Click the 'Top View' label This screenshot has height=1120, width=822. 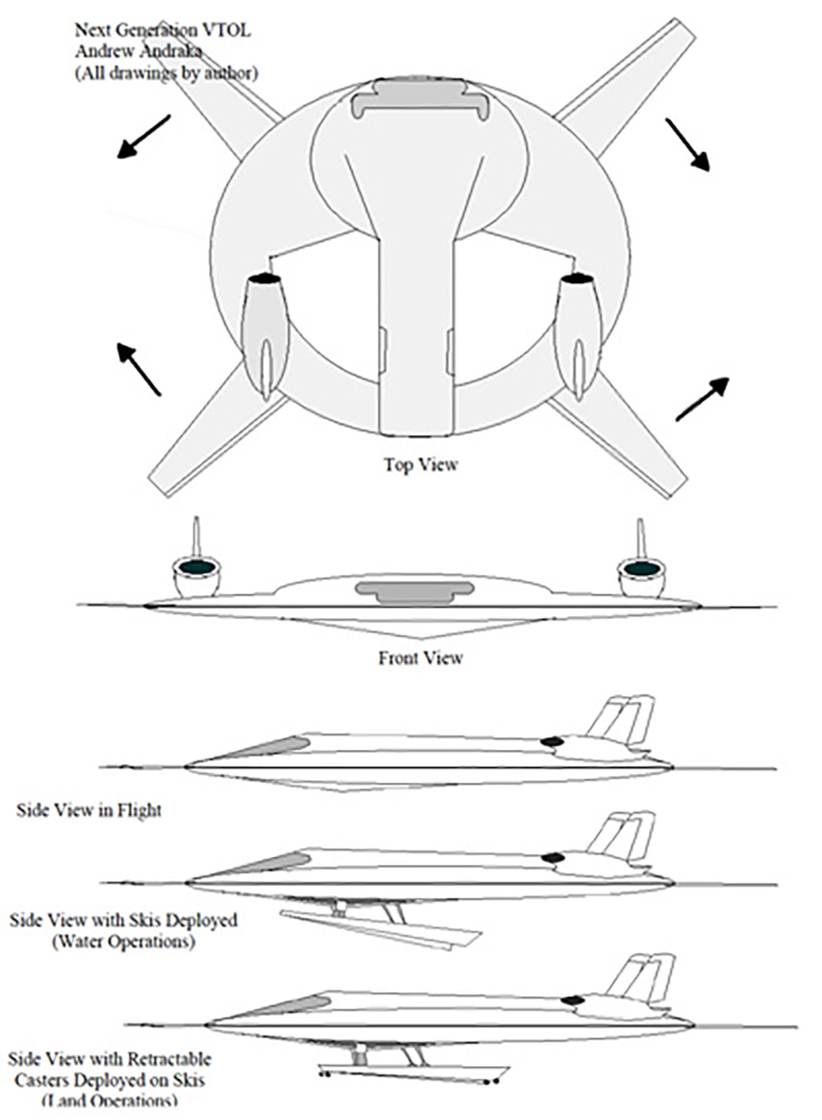[x=420, y=464]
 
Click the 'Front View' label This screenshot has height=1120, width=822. [x=420, y=658]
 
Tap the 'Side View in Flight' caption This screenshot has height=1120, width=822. [x=89, y=810]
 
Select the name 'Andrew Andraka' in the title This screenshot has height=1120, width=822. [x=138, y=51]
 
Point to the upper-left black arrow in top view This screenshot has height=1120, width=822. [x=143, y=136]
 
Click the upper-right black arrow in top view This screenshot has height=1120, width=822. [x=687, y=144]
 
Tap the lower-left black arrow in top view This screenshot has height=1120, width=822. [x=139, y=369]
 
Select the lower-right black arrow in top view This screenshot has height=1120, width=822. [x=702, y=399]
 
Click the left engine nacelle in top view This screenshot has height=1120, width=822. [x=264, y=329]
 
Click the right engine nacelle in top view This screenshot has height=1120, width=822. [x=579, y=329]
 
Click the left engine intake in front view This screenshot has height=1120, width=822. [x=197, y=568]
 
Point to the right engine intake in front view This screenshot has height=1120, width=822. [x=642, y=569]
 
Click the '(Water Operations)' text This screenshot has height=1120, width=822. [x=123, y=941]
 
